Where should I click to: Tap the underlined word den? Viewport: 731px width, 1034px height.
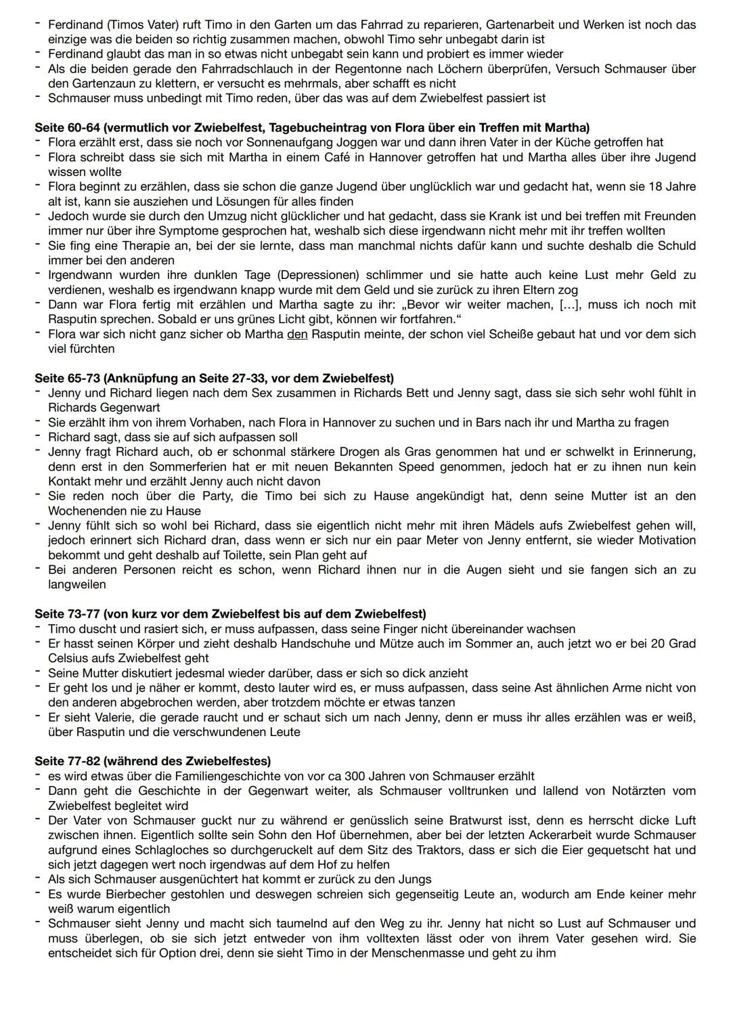coord(298,335)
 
